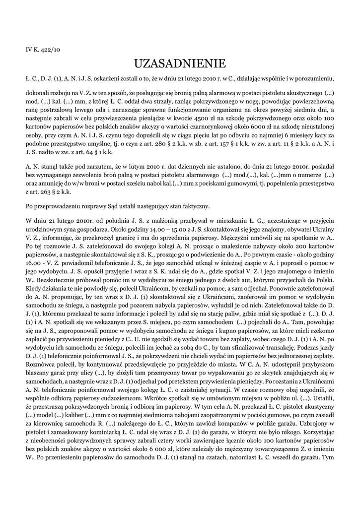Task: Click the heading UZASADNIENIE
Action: [180, 63]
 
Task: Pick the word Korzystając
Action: [315, 433]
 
